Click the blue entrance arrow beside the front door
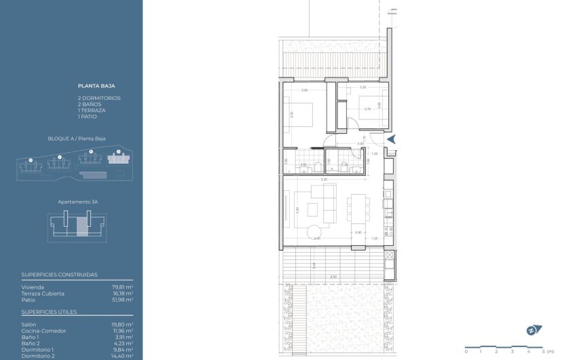390,139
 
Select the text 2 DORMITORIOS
99,98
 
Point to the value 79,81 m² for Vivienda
122,287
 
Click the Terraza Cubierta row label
43,293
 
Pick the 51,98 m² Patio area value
122,300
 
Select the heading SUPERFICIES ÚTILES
50,312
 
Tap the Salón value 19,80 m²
122,325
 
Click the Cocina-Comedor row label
44,331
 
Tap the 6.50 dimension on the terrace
333,276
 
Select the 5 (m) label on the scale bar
547,352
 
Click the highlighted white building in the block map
118,158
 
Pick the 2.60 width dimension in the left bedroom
305,90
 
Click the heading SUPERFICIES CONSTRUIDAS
60,274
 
